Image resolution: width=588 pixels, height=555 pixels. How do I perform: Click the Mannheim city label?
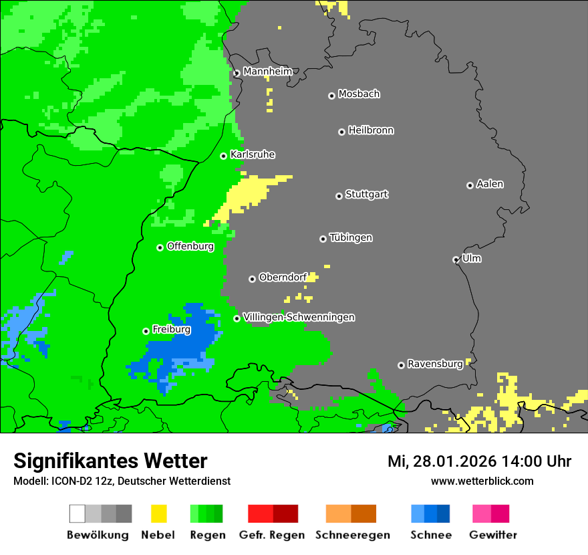267,72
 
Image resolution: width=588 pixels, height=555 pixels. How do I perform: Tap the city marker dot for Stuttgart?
339,196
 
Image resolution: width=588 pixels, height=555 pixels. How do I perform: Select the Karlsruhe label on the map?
253,154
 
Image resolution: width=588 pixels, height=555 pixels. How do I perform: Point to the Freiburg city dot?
146,331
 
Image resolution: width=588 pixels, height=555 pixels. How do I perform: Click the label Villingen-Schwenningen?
299,317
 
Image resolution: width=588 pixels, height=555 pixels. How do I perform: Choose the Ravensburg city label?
435,364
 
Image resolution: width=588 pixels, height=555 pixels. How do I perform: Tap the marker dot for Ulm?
456,259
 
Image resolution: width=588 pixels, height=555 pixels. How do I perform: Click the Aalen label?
490,184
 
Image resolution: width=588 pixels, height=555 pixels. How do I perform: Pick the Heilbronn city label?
371,130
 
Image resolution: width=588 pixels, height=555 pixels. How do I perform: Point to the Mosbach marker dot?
331,96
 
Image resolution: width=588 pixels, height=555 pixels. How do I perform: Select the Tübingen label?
351,237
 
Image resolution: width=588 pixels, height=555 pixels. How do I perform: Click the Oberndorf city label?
283,277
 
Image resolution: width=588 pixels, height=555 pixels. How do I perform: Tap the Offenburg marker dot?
160,247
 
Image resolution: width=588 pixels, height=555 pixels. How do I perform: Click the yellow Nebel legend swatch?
158,514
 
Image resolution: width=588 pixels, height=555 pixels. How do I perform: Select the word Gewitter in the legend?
492,535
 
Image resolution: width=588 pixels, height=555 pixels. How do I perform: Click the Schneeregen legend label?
353,535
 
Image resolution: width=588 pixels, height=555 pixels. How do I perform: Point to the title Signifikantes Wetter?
110,461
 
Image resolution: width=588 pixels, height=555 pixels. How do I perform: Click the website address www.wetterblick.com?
482,481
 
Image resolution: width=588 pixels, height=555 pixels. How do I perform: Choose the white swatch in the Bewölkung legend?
78,514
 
